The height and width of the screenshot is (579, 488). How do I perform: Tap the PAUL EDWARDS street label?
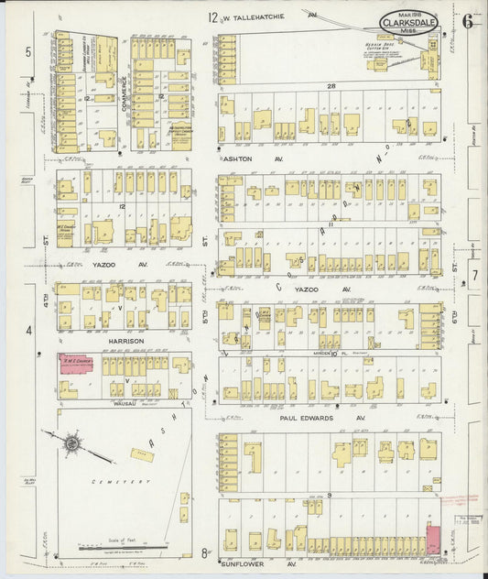coord(309,417)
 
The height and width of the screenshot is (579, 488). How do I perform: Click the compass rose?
coord(71,444)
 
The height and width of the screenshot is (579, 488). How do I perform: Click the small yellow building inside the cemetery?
coord(142,453)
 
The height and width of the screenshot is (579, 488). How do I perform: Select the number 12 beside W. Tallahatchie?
coord(212,16)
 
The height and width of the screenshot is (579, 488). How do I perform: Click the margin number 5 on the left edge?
coord(29,52)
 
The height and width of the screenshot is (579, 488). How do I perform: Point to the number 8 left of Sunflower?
coord(203,553)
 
